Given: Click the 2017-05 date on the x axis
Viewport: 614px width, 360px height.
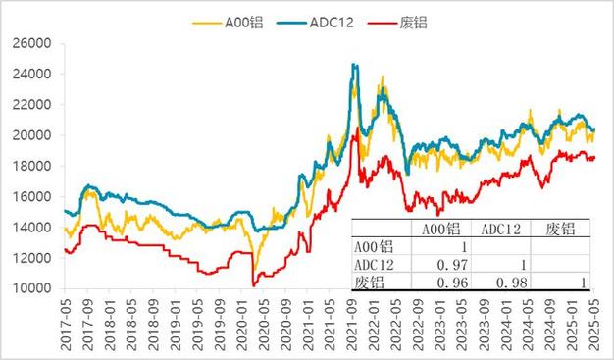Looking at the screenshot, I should click(x=65, y=324).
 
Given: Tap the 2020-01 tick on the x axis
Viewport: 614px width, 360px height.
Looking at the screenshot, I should click(x=241, y=324).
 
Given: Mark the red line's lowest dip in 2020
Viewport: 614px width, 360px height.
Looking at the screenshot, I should click(x=253, y=285).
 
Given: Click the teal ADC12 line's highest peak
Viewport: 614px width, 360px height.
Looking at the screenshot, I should click(x=354, y=65).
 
